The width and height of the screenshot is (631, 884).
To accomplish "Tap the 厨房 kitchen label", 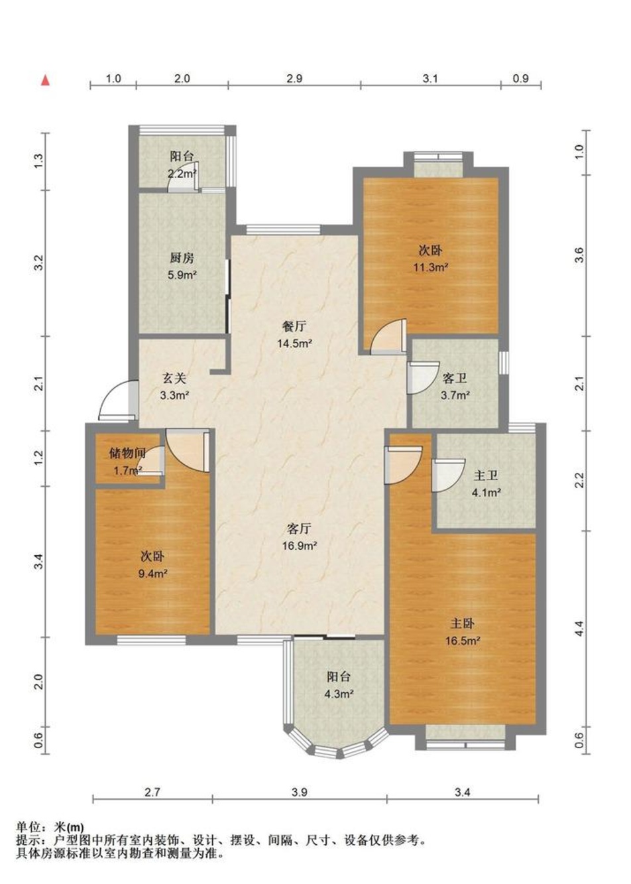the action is (x=182, y=259).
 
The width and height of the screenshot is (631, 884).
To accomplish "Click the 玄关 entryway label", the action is (x=174, y=379).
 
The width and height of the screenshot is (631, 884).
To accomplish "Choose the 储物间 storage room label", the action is (x=127, y=454).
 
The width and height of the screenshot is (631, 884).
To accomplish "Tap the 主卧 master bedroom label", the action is (x=462, y=623).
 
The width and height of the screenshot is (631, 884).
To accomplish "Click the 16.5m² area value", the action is (x=463, y=641).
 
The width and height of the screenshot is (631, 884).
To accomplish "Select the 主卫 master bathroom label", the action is (x=486, y=476).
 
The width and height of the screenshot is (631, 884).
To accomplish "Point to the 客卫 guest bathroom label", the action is (x=455, y=379).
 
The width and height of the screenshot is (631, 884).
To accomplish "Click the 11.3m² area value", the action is (x=431, y=267).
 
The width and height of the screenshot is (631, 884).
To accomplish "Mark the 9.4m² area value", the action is (x=152, y=574).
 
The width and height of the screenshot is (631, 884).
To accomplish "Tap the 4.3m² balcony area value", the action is (x=339, y=694).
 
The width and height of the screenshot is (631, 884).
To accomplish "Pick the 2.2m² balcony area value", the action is (x=182, y=173).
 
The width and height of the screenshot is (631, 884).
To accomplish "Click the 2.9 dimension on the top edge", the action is (x=294, y=78).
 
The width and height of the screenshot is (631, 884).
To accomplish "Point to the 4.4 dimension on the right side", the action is (x=579, y=628).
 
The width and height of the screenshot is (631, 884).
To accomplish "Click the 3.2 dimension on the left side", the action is (x=38, y=263).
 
